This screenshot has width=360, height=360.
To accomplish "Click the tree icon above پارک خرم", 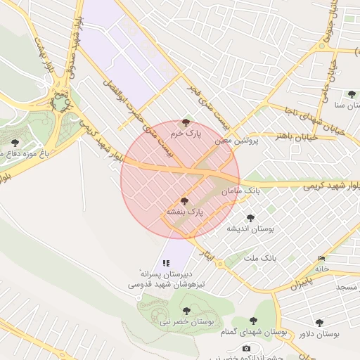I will (x=186, y=122).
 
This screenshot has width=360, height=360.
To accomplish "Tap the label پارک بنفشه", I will (x=184, y=210).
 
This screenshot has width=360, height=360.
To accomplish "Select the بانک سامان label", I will (x=241, y=191).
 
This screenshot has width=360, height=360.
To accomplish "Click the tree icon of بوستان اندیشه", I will (x=250, y=218).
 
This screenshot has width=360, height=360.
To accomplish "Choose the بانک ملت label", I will (x=260, y=259).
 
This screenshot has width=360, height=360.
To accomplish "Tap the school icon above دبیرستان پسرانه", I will (x=166, y=262).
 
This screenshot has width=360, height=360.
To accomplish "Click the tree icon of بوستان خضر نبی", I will (x=186, y=310).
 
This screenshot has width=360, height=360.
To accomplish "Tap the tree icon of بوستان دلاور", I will (x=319, y=323).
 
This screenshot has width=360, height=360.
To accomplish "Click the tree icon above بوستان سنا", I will (x=351, y=94).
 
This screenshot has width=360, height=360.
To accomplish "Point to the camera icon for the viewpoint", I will (x=246, y=348).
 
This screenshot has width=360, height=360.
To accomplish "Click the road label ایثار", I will (x=205, y=250).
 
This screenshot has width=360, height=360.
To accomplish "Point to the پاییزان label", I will (x=300, y=285).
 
